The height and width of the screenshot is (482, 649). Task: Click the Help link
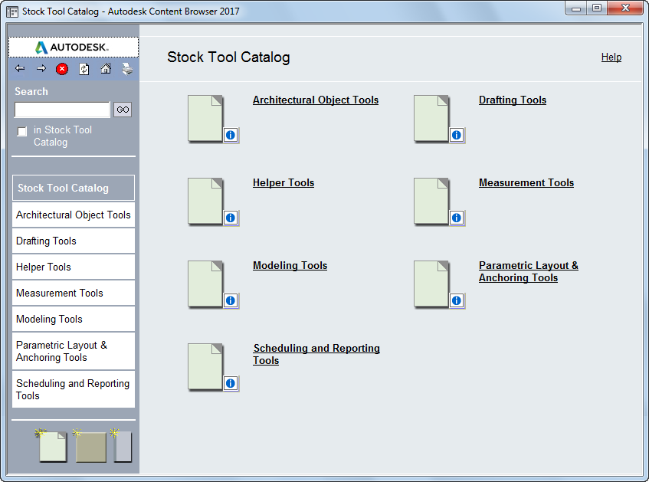coord(611,57)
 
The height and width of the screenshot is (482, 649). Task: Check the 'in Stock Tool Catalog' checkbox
coord(22,131)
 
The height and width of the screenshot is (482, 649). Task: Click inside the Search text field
coord(63,110)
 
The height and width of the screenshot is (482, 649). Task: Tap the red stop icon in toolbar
coord(62,69)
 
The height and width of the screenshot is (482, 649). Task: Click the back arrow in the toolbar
coord(20,68)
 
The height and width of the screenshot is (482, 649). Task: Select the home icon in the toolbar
coord(106,68)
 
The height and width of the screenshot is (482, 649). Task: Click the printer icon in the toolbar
coord(127,69)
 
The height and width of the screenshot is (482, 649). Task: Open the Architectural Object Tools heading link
coord(316,100)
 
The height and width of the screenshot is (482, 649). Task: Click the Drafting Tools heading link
coord(513,100)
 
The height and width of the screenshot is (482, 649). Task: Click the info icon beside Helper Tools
coord(231,218)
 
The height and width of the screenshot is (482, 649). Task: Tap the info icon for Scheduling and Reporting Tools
coord(231,383)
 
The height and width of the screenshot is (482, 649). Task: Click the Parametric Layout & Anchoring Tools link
coord(529,271)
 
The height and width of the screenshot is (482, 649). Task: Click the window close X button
coord(625,8)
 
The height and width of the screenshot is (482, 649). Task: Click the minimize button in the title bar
coord(576,8)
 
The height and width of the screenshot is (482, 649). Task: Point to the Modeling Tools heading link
coord(290,266)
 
